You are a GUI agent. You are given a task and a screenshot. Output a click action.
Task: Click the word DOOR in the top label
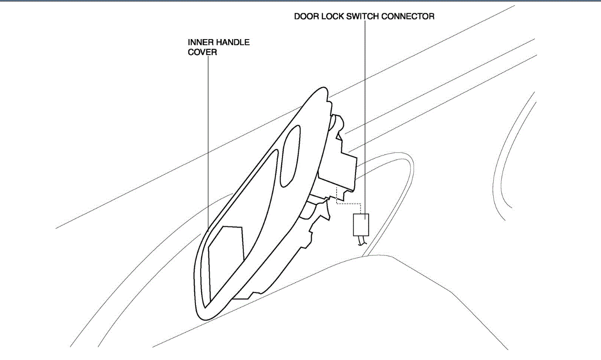click(x=305, y=16)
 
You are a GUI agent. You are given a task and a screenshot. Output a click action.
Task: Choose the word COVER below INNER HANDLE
click(x=203, y=52)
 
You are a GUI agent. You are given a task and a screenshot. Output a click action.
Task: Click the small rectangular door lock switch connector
click(x=361, y=224)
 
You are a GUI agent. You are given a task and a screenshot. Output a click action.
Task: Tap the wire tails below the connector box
click(x=362, y=241)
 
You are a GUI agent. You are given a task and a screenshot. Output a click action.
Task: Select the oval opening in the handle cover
click(x=290, y=155)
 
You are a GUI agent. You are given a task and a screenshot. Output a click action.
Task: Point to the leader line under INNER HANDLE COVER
click(x=208, y=141)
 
